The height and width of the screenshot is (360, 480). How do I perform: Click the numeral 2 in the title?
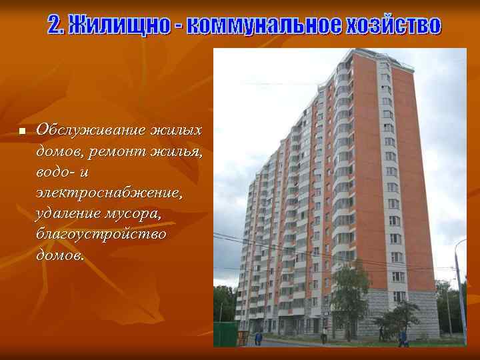pos(55,25)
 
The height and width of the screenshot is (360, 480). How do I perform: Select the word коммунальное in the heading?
pos(265,25)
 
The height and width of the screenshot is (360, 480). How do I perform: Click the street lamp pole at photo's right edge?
pos(460,293)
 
